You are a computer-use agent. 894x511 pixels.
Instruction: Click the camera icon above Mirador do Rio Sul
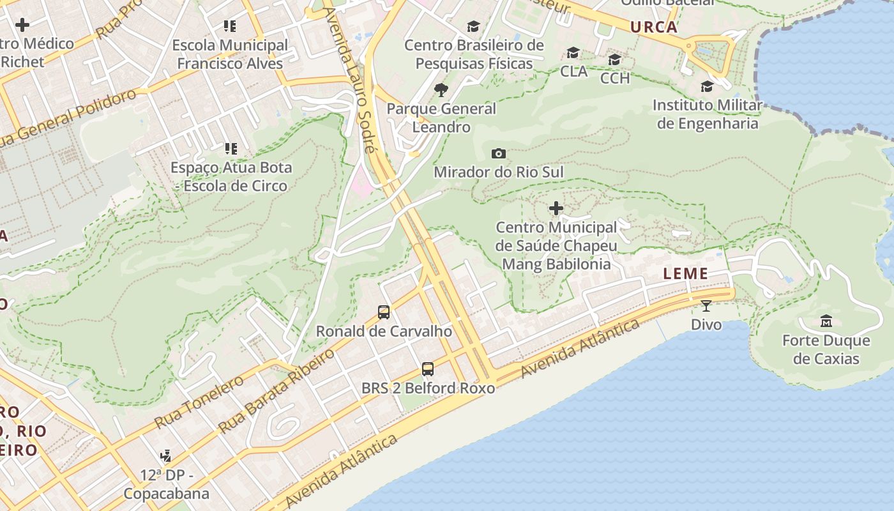tap(499, 153)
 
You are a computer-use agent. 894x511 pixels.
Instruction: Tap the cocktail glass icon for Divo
tap(706, 306)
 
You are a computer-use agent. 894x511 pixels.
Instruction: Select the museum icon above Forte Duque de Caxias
tap(826, 321)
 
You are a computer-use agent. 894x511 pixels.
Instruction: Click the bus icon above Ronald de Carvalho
tap(384, 312)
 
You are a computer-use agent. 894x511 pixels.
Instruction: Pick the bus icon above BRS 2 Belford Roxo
tap(428, 369)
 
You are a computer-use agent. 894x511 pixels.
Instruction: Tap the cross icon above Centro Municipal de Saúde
tap(556, 208)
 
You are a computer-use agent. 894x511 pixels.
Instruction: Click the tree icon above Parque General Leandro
tap(441, 90)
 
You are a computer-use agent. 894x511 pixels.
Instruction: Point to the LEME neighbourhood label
tap(685, 274)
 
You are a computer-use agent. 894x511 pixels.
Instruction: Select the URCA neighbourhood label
tap(653, 27)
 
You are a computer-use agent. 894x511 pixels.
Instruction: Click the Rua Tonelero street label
tap(199, 401)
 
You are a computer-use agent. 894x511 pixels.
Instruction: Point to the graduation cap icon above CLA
tap(573, 52)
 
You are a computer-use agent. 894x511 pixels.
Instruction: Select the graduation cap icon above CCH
tap(615, 59)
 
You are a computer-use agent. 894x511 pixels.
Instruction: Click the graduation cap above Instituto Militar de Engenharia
tap(707, 86)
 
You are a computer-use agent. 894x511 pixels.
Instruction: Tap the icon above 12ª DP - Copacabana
tap(166, 456)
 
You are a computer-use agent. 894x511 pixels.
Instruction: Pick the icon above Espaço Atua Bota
tap(231, 149)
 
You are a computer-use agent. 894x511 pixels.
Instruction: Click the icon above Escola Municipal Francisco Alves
tap(230, 26)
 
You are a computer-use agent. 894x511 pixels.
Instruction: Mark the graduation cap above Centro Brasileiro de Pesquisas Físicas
tap(473, 26)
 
